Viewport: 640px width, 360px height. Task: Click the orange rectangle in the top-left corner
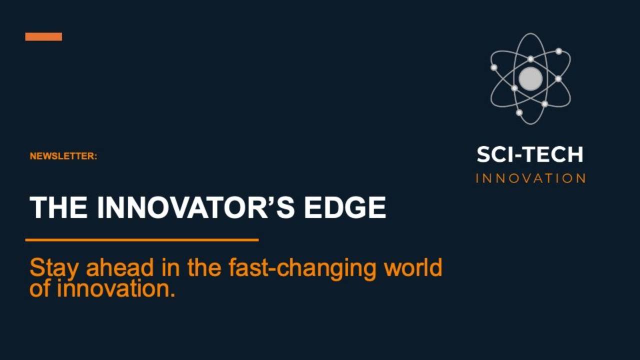[x=43, y=36]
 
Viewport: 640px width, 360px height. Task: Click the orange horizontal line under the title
[x=142, y=240]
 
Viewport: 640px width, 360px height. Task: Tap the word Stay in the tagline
[x=54, y=268]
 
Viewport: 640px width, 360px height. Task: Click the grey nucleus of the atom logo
[x=530, y=78]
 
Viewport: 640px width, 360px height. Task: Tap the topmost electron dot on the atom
[x=558, y=51]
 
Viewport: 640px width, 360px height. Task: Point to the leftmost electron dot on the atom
[x=494, y=67]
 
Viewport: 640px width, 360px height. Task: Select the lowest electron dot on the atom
[x=519, y=112]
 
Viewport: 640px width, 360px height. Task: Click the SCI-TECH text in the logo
[x=530, y=154]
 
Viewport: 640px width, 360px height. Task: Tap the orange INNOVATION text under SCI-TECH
[x=530, y=178]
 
